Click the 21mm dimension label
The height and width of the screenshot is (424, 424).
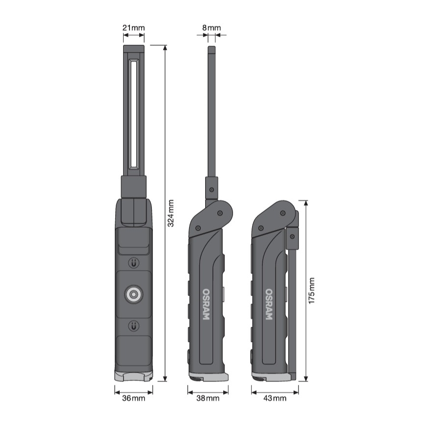(x=133, y=28)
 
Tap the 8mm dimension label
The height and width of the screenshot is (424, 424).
(x=211, y=28)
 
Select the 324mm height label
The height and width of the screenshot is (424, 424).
(x=171, y=213)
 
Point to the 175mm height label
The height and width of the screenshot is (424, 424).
(x=312, y=290)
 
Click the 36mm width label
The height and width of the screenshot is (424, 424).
(x=133, y=398)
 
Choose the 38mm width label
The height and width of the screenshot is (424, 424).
(x=208, y=398)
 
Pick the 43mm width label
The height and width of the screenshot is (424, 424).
(x=275, y=398)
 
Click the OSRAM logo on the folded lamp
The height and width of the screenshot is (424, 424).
(x=269, y=304)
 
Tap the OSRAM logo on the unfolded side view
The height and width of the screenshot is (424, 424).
(x=206, y=304)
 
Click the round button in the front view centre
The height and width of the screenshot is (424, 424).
(x=133, y=294)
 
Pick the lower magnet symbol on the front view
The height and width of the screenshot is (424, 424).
(x=133, y=325)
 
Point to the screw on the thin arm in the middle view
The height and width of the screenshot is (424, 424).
(x=211, y=189)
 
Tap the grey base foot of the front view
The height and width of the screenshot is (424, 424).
(x=133, y=375)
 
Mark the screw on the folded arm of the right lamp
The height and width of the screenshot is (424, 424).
(x=292, y=236)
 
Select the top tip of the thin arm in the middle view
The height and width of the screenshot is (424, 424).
(x=211, y=49)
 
